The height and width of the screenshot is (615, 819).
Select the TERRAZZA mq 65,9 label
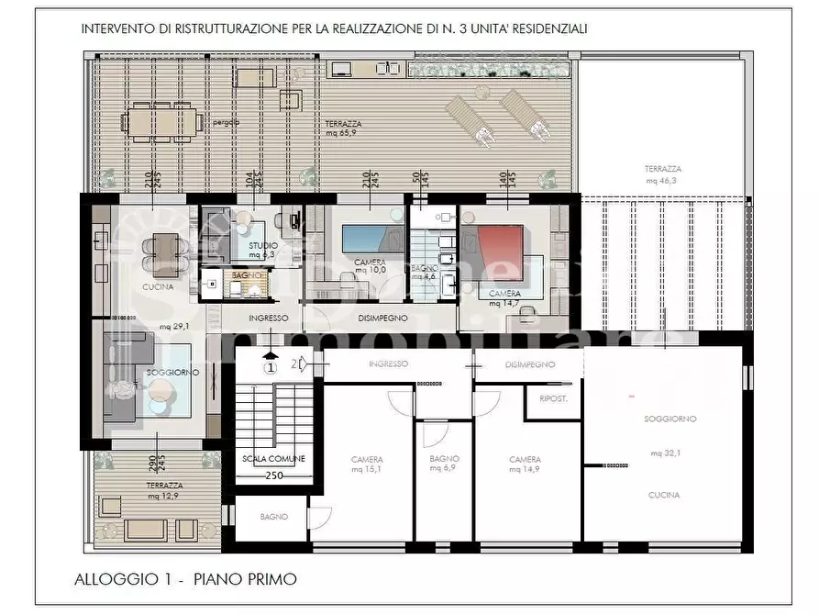[343, 129]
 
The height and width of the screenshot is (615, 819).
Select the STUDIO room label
[263, 246]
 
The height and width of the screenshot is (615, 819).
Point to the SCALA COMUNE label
[273, 458]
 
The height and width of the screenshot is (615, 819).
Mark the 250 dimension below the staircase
[274, 475]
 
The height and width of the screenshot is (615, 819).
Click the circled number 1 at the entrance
[271, 367]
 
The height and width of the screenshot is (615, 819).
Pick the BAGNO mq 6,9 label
[444, 463]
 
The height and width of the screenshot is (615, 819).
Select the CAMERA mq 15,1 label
[367, 464]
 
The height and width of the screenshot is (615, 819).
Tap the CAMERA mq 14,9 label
[526, 464]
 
